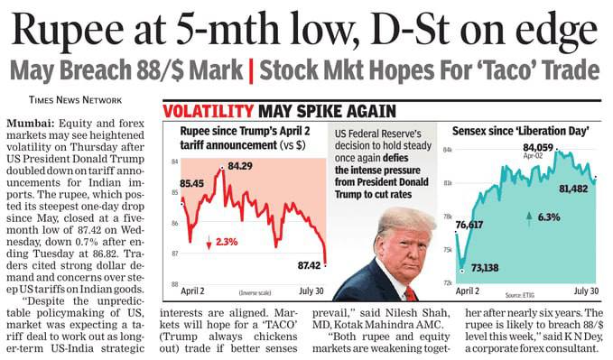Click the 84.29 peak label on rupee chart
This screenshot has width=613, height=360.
(x=239, y=166)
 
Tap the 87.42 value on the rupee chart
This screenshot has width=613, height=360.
(x=309, y=265)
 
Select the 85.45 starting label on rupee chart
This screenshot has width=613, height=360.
(x=191, y=183)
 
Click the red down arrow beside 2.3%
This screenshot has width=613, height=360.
(x=209, y=243)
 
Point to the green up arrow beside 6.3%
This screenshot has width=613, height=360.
(x=529, y=219)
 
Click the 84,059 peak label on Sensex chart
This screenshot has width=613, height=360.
(x=538, y=147)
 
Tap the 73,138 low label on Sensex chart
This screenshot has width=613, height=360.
(x=485, y=268)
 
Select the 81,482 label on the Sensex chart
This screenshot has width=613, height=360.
(x=573, y=189)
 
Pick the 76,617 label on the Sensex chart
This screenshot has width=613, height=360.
(x=469, y=225)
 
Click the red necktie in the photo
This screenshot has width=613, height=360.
(x=410, y=293)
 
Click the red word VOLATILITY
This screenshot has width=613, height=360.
(x=209, y=111)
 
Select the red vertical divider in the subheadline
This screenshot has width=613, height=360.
(x=251, y=71)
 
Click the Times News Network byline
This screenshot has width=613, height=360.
(x=75, y=100)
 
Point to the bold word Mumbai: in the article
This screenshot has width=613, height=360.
(x=31, y=124)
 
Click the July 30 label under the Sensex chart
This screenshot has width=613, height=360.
(x=586, y=291)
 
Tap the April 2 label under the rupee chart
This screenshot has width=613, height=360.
(x=192, y=291)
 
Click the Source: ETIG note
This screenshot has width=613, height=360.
(x=519, y=295)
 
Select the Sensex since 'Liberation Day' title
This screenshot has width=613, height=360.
(x=520, y=131)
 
